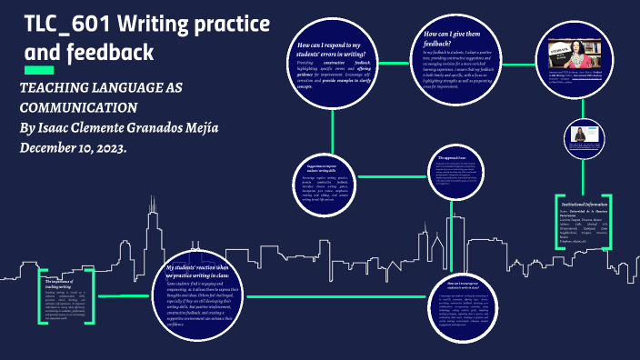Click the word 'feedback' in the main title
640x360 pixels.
pyautogui.click(x=102, y=54)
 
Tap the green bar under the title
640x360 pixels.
pyautogui.click(x=39, y=70)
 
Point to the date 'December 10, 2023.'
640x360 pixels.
pyautogui.click(x=74, y=147)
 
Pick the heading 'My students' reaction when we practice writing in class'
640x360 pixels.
pyautogui.click(x=208, y=271)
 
